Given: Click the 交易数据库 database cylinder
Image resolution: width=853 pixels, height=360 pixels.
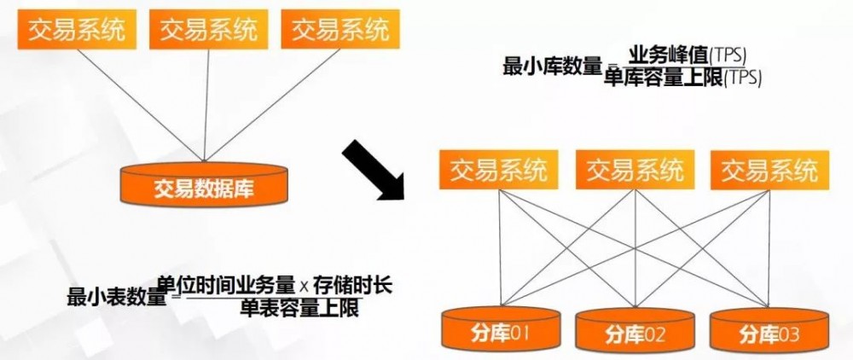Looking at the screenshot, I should coord(203,183).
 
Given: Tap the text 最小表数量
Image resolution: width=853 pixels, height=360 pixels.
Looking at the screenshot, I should coord(116,297).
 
